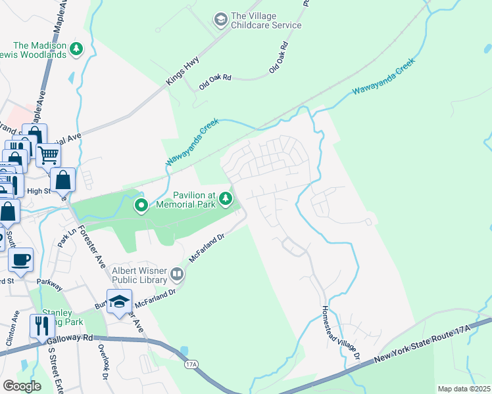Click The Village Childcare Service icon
point(220,20)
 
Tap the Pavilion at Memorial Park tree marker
point(226,198)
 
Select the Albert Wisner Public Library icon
point(177,273)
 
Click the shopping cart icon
point(48,156)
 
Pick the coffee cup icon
point(20,259)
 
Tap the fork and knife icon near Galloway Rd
point(41,325)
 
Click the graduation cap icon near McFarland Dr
point(119,301)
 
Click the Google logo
point(22,386)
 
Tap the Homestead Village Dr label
point(341,332)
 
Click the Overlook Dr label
point(103,362)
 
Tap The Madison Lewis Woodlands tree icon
point(77,48)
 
